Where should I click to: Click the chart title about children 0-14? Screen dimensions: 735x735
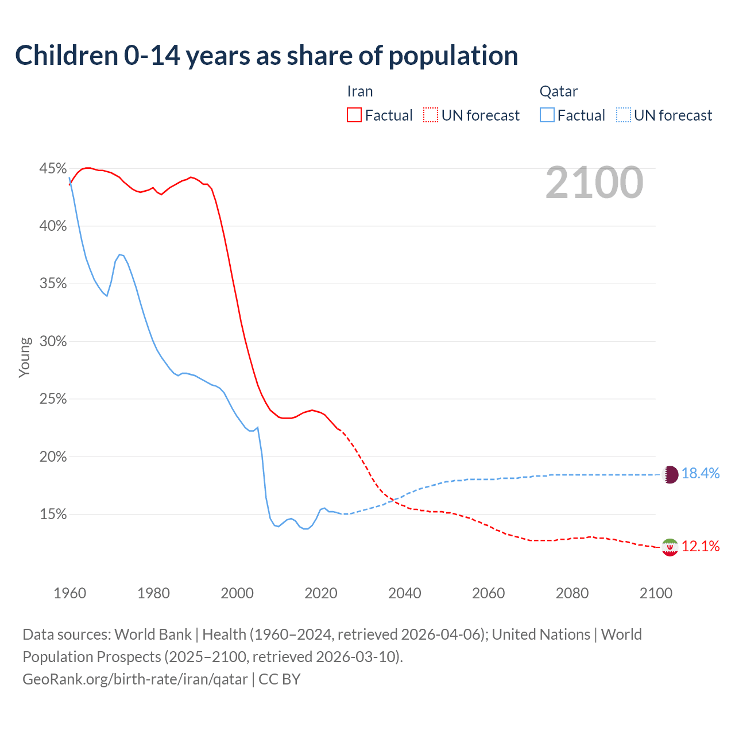266,56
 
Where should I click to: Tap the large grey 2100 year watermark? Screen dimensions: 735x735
594,183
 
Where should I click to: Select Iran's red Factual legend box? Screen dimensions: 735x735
354,115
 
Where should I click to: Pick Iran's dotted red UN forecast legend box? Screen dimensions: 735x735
431,115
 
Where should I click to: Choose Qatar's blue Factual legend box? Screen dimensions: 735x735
547,115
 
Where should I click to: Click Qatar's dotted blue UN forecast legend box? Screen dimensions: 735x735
624,115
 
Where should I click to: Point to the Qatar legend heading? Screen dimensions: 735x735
558,91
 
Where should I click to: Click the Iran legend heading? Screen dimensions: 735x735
360,91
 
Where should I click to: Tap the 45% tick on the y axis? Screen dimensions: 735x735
53,169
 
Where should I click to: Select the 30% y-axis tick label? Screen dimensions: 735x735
53,342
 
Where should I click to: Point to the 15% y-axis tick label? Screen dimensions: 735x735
53,514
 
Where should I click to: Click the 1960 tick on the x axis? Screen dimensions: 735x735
70,593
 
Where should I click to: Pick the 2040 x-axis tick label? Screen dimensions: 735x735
405,593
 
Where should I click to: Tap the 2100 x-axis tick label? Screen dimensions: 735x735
656,593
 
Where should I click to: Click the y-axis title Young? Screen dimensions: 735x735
25,357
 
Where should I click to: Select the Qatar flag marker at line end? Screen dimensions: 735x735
670,474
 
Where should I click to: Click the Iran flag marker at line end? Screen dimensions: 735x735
670,547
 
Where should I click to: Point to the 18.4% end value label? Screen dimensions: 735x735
701,474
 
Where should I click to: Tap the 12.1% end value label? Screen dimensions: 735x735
701,547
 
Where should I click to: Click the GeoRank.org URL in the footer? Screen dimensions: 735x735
135,679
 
